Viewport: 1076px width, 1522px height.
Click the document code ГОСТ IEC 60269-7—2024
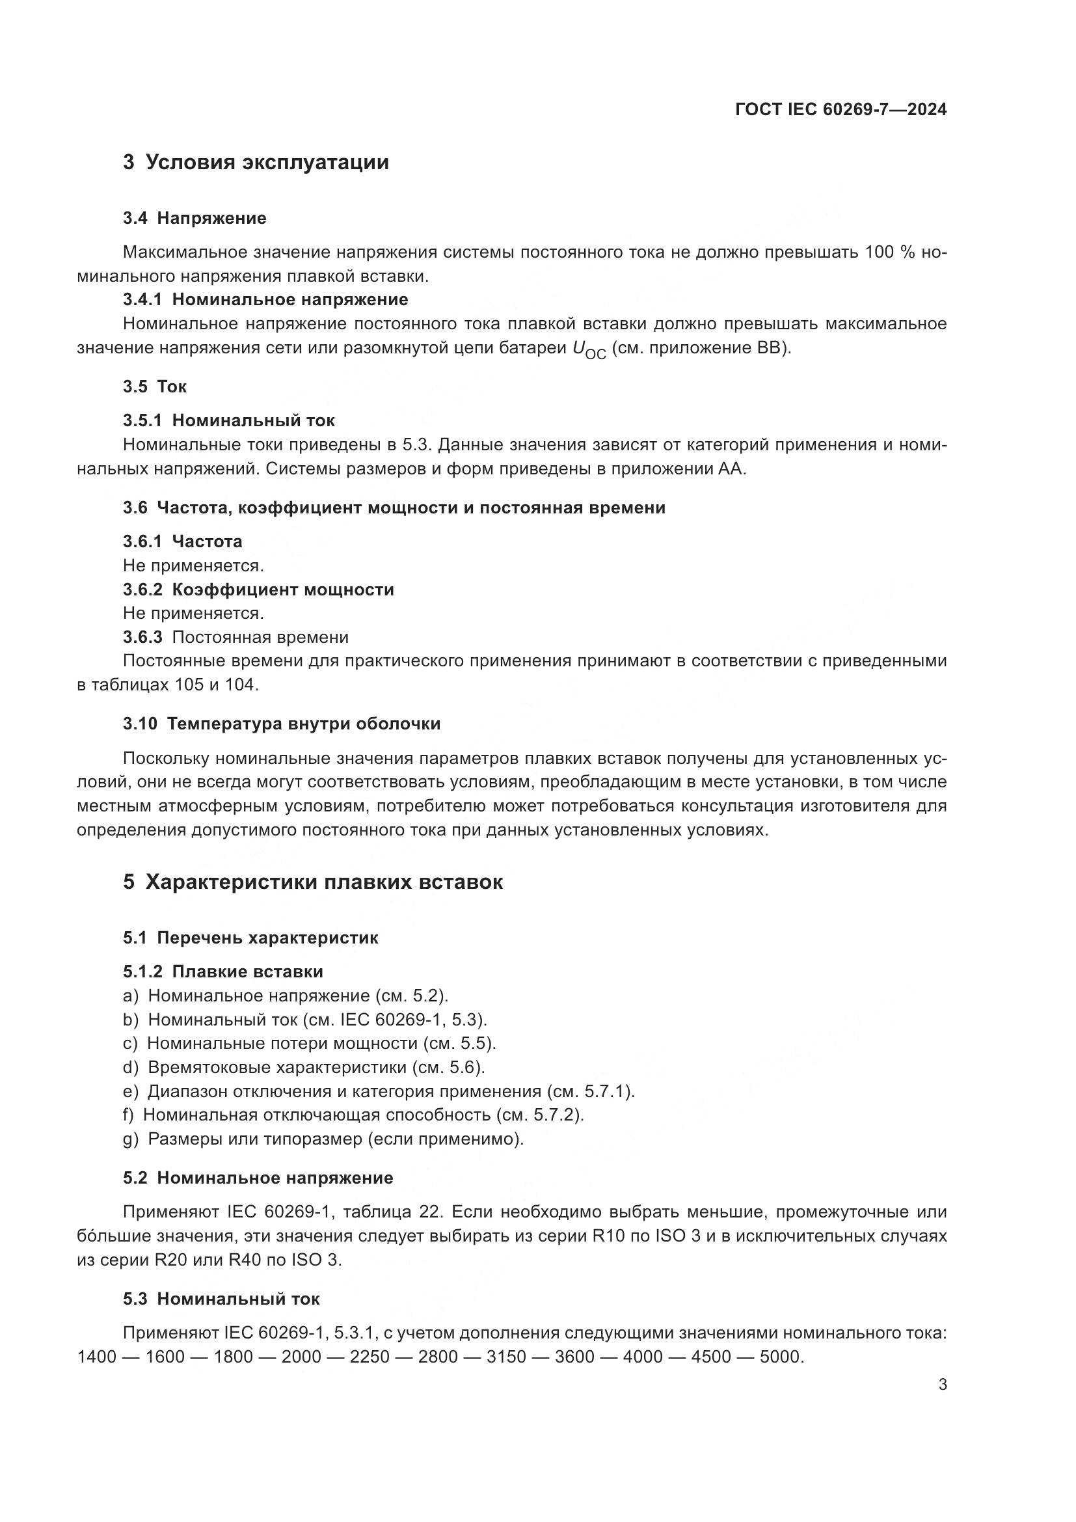click(841, 110)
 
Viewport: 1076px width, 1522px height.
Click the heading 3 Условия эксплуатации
click(256, 162)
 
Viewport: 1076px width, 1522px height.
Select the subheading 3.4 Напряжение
click(194, 218)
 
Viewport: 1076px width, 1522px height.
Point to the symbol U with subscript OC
click(589, 349)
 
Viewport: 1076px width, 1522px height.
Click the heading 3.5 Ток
click(154, 387)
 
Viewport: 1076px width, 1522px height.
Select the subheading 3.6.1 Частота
click(182, 541)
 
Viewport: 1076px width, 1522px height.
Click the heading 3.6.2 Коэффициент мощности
click(258, 590)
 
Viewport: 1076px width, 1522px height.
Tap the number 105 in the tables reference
click(189, 685)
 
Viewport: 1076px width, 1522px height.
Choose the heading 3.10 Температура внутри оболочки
click(282, 724)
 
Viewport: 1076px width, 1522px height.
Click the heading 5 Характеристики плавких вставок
click(313, 882)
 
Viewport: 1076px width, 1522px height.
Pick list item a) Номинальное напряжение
click(286, 996)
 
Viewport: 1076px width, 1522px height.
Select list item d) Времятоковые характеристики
click(304, 1067)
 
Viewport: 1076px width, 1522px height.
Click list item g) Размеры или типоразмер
click(323, 1139)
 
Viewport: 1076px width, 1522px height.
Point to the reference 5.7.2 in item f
click(558, 1115)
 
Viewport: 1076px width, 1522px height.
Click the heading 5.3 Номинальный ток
click(221, 1299)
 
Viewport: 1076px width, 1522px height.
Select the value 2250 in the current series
click(370, 1357)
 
